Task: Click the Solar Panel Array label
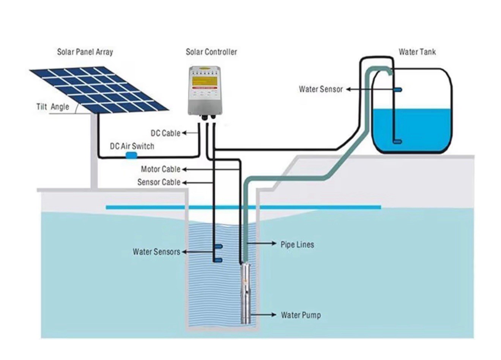85,52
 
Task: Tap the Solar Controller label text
211,52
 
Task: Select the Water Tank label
417,52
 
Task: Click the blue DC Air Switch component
131,155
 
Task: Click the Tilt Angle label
53,107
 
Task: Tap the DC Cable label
165,133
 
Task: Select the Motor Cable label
161,169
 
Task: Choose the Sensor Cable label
159,182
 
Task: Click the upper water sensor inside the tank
397,90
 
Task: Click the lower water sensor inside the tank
397,141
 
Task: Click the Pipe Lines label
297,245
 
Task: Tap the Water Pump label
301,315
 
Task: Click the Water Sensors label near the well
156,252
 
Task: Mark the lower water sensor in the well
218,260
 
